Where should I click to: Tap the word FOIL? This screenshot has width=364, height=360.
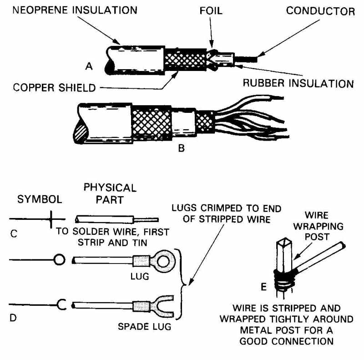(212, 10)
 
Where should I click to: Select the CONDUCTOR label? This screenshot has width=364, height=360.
(320, 11)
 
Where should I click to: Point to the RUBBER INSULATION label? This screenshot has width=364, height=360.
(298, 84)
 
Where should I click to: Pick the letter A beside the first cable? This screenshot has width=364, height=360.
(89, 66)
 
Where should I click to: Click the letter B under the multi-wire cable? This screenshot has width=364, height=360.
(181, 148)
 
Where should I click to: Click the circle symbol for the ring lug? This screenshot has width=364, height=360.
(59, 260)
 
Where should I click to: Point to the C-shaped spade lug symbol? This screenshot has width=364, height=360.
(61, 304)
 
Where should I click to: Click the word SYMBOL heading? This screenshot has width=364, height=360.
(40, 200)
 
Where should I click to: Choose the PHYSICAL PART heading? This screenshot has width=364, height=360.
(110, 193)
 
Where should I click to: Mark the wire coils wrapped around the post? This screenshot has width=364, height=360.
(283, 274)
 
